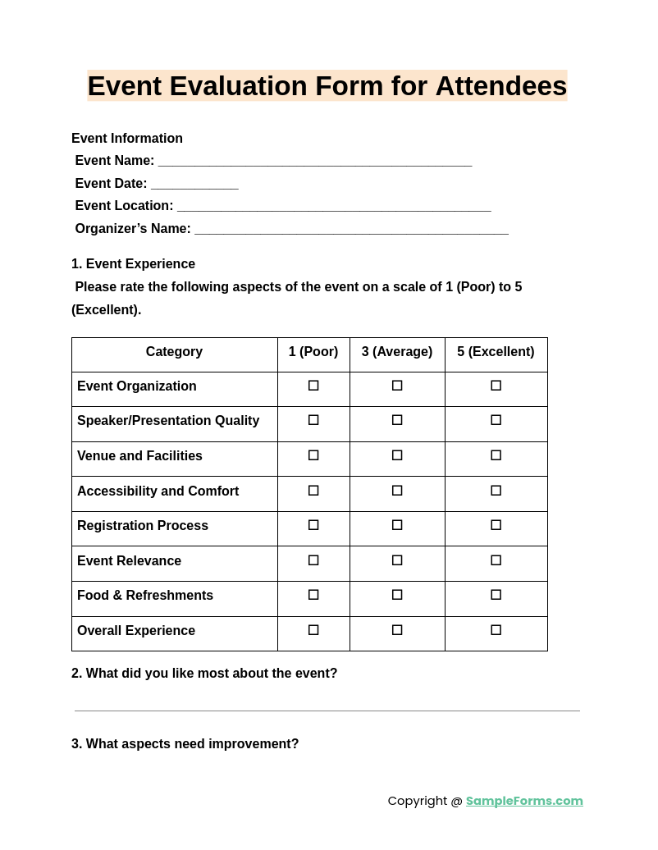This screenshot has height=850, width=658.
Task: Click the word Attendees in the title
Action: (x=500, y=86)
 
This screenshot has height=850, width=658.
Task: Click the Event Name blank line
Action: (x=315, y=162)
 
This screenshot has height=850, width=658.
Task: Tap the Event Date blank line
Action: (x=194, y=185)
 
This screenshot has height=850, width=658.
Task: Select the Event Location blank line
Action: (x=334, y=207)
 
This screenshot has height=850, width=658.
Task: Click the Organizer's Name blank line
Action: (x=351, y=230)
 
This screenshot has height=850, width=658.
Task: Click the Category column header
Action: (x=174, y=352)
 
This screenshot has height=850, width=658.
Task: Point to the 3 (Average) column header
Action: (x=397, y=352)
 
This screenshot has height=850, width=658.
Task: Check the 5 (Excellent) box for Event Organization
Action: (x=496, y=386)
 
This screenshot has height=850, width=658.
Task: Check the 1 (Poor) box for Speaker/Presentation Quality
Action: (x=313, y=420)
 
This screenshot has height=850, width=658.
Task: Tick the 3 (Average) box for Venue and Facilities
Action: (x=397, y=455)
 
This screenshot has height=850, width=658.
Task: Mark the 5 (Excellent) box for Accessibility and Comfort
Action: (x=496, y=491)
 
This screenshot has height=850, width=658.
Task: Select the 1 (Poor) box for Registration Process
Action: (x=313, y=525)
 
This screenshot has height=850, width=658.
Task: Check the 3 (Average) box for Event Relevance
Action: (x=397, y=560)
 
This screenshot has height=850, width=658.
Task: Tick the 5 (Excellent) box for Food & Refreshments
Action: (x=496, y=595)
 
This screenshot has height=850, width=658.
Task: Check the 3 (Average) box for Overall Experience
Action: (x=397, y=630)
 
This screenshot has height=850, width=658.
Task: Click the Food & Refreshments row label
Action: (x=145, y=596)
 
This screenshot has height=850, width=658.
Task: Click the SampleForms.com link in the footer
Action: (x=524, y=801)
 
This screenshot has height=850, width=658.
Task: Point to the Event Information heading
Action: (x=127, y=139)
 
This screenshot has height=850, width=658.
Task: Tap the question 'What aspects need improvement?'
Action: (x=192, y=744)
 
